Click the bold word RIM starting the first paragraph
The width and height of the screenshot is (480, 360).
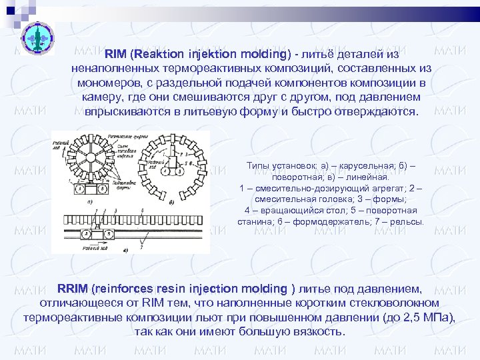(x=117, y=53)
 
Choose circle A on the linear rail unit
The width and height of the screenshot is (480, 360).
(x=87, y=234)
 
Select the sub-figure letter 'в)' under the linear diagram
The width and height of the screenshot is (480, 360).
(x=126, y=249)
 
